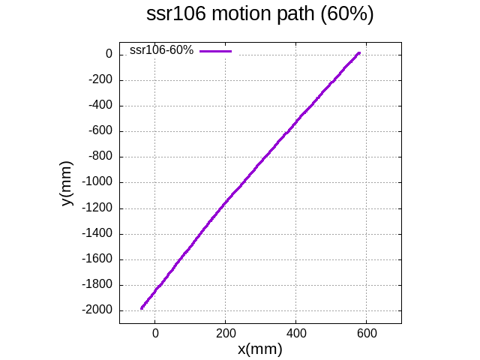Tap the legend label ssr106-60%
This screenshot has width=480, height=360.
coord(161,50)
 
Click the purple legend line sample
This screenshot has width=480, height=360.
coord(216,51)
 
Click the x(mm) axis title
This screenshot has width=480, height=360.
coord(259,349)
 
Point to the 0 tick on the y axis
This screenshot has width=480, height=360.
coord(109,55)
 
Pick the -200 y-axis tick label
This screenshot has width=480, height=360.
coord(100,80)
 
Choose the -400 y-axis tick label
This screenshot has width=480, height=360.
coord(100,106)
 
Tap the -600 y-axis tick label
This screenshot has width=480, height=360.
coord(100,131)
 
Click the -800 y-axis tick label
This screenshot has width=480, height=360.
coord(100,157)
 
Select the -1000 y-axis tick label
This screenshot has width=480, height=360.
coord(97,182)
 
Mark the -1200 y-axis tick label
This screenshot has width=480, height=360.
coord(97,208)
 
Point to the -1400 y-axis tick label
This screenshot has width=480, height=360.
coord(97,234)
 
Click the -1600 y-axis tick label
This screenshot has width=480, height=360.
coord(97,259)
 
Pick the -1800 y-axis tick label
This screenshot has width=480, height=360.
coord(97,285)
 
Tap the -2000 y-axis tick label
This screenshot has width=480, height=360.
coord(97,310)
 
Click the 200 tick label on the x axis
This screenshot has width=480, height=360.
coord(225,331)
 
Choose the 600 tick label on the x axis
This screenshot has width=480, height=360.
coord(366,331)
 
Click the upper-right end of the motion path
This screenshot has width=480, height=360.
coord(358,53)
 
